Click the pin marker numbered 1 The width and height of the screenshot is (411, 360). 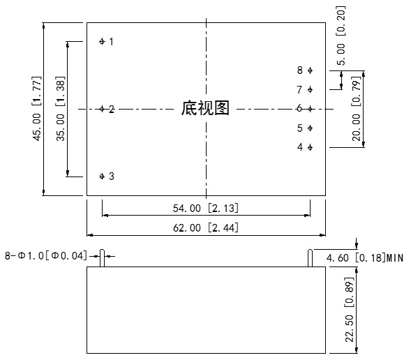click(x=102, y=41)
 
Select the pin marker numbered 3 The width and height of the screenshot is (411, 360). click(x=102, y=177)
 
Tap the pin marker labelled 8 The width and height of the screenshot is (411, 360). click(x=310, y=70)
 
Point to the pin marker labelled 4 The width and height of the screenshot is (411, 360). click(x=310, y=147)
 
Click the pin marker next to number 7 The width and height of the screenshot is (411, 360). click(x=310, y=90)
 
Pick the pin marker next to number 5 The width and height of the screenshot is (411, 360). click(x=310, y=128)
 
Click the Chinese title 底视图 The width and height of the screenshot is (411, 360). click(x=205, y=108)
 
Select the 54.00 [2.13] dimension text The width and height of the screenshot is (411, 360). click(x=206, y=209)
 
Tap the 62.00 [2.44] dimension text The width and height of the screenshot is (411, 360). click(x=206, y=227)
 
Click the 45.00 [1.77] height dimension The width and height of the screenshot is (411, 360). click(x=36, y=109)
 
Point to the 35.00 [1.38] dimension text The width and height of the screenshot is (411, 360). click(x=60, y=109)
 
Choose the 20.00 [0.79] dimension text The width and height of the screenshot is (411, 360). click(x=356, y=109)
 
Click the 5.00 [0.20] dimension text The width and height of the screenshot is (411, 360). click(x=341, y=36)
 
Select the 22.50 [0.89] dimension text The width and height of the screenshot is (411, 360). click(x=349, y=310)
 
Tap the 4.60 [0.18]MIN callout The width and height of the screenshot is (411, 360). click(x=365, y=258)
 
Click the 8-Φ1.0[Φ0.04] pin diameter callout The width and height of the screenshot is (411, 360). click(x=46, y=256)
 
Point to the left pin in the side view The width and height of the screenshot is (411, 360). click(x=102, y=258)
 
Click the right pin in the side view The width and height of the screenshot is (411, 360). click(x=310, y=258)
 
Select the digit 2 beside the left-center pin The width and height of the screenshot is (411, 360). click(x=112, y=110)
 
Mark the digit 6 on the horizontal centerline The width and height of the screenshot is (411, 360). click(x=299, y=108)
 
